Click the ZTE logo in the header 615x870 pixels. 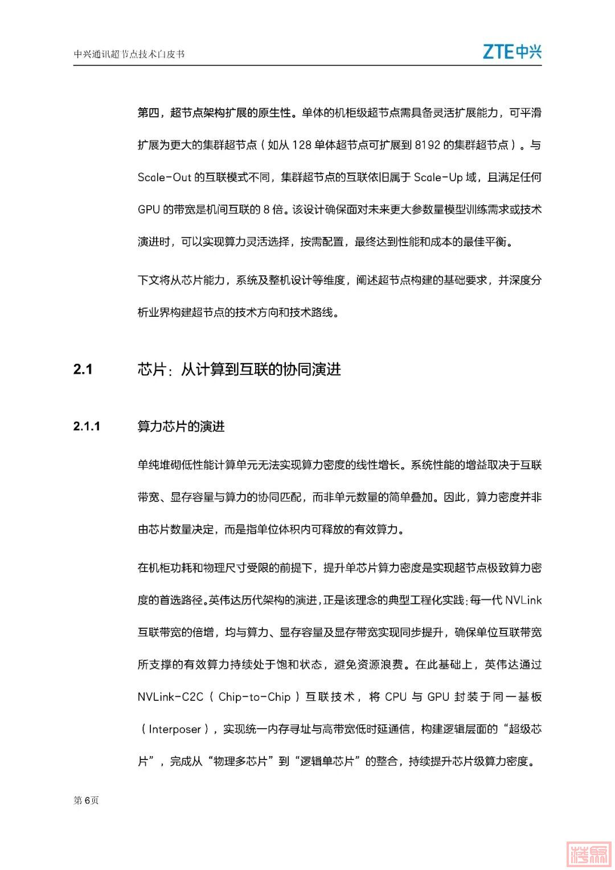point(512,52)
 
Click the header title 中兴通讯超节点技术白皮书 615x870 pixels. point(129,54)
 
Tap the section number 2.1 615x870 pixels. point(83,369)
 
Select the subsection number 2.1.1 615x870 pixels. point(87,426)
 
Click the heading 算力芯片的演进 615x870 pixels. point(181,426)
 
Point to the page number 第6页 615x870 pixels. point(86,800)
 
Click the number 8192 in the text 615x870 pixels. point(428,145)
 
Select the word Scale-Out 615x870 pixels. point(164,177)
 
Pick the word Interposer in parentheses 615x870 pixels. point(175,729)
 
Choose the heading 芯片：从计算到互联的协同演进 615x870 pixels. point(239,369)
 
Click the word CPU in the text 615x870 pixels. point(396,697)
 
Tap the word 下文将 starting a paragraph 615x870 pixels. point(154,280)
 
